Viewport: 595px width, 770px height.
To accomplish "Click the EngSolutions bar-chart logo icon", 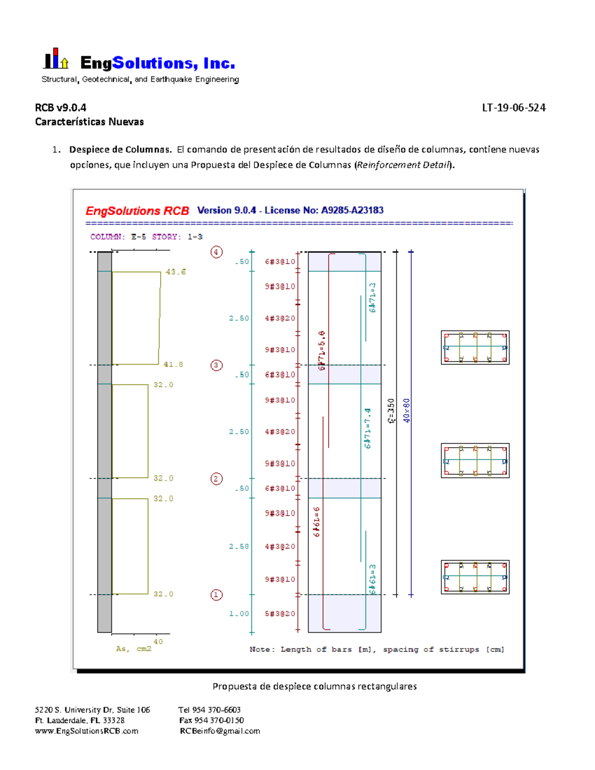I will point(56,59).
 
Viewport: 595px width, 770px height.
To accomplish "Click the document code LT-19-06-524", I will point(514,108).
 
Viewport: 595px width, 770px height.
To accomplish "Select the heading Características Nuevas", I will point(89,122).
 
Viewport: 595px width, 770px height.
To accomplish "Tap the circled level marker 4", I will point(216,252).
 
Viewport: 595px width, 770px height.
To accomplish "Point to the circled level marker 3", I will point(216,365).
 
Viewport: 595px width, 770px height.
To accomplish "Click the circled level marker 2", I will point(216,479).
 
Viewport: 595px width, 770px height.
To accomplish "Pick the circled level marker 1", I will point(216,595).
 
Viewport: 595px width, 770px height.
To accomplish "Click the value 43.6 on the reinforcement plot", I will point(176,272).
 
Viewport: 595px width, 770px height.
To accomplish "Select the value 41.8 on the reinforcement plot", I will point(173,364).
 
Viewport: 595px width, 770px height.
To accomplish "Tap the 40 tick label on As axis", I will point(158,642).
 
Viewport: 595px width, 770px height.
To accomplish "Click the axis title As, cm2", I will point(133,649).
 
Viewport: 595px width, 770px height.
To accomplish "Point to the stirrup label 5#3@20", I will point(280,614).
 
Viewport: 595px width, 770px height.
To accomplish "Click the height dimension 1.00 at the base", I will point(238,614).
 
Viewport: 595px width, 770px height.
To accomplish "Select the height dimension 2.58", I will point(238,546).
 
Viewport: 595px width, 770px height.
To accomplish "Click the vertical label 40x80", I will point(407,411).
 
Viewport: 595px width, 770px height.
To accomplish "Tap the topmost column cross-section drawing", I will point(475,348).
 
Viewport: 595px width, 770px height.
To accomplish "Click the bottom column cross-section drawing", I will point(475,577).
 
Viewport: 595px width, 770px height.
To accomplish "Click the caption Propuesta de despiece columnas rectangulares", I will point(314,687).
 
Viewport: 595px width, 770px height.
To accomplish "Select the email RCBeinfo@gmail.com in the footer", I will point(220,731).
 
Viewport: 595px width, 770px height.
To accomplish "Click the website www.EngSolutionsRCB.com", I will point(87,731).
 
